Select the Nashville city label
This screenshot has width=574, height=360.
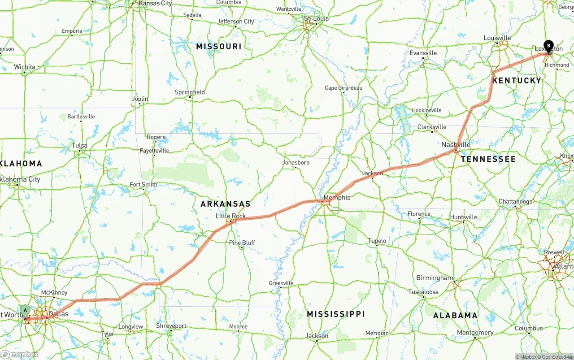[x=456, y=144]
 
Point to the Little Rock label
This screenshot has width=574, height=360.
[x=231, y=216]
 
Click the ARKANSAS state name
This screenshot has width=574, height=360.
[x=225, y=204]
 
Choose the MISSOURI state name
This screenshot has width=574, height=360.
[x=219, y=46]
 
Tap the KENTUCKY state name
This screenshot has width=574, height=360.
[x=517, y=80]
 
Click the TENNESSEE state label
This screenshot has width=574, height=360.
[x=488, y=159]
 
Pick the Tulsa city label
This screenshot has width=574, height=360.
[x=79, y=146]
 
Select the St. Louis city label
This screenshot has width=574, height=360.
[x=316, y=18]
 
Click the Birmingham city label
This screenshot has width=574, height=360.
[x=435, y=278]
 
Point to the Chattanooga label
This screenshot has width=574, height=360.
[x=516, y=202]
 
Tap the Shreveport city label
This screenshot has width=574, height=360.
[x=171, y=326]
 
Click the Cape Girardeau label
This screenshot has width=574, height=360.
[x=344, y=88]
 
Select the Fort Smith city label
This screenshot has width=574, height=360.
[x=143, y=184]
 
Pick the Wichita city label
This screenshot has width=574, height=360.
[x=24, y=67]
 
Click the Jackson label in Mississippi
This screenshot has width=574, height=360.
[x=317, y=336]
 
